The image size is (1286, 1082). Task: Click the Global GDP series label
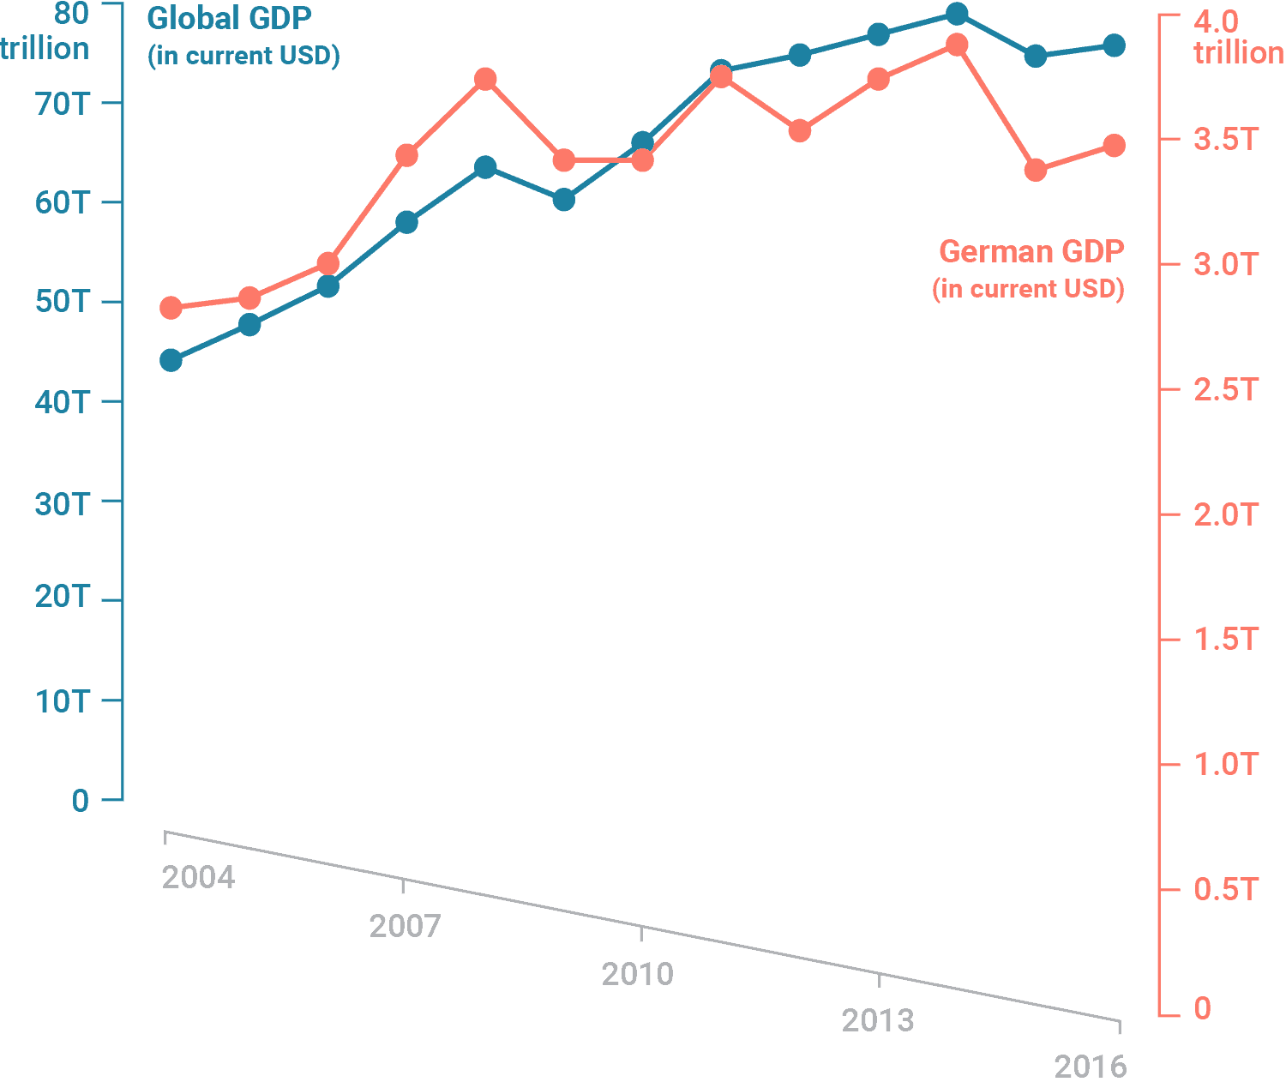tap(229, 19)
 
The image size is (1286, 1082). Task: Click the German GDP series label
tap(1031, 252)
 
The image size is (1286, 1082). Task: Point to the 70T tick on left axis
tap(63, 104)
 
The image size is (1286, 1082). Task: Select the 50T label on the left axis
tap(63, 303)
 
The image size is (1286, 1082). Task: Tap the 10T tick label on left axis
tap(63, 701)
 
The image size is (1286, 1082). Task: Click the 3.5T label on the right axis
tap(1225, 139)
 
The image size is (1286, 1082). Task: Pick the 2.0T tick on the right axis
tap(1225, 514)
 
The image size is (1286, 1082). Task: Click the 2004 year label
tap(198, 877)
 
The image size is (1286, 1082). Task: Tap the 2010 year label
tap(638, 974)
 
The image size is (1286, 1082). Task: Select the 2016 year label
tap(1090, 1067)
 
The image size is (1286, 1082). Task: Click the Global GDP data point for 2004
tap(171, 360)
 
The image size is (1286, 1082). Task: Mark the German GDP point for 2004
tap(171, 308)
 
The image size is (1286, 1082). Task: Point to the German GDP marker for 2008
tap(485, 80)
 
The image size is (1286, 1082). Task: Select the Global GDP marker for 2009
tap(564, 200)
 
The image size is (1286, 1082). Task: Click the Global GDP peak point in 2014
tap(957, 14)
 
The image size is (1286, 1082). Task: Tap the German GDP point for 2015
tap(1036, 170)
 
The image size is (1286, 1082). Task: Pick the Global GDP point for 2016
tap(1114, 45)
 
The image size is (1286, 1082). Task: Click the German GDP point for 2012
tap(800, 130)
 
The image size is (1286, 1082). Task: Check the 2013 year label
tap(878, 1020)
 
